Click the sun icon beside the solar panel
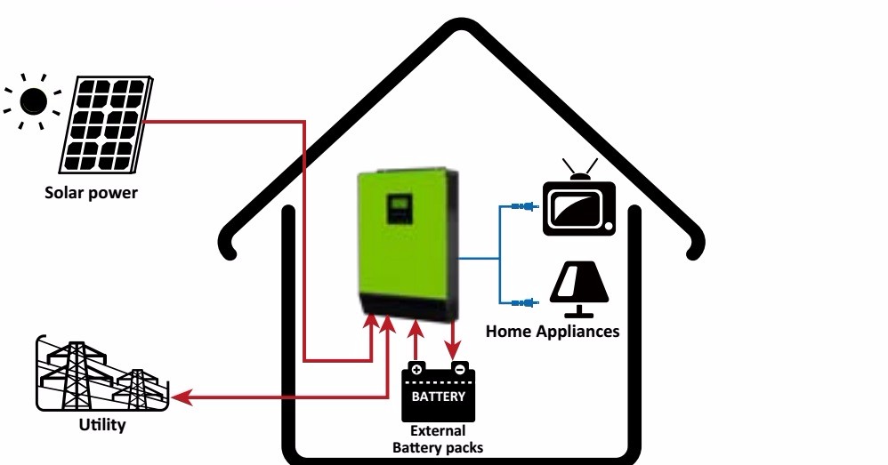tap(33, 102)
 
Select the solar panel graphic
tap(105, 124)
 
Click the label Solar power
tap(92, 192)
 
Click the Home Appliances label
tap(552, 332)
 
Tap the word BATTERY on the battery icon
tap(439, 397)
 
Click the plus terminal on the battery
tap(416, 368)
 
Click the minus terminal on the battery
tap(459, 368)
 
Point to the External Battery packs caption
tap(438, 440)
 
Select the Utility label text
tap(102, 425)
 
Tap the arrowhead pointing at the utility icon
tap(182, 398)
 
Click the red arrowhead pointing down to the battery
tap(455, 349)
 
